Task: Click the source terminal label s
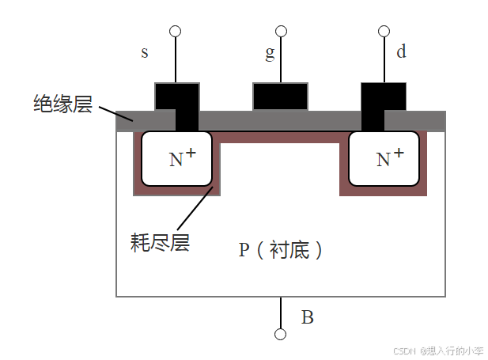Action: (x=145, y=53)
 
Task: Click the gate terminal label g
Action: (x=270, y=54)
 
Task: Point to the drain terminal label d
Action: (x=401, y=52)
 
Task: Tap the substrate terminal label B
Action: (x=308, y=318)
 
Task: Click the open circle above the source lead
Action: (x=175, y=32)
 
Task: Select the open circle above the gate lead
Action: (x=280, y=32)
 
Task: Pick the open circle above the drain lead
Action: (x=384, y=32)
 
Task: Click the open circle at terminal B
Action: (x=280, y=334)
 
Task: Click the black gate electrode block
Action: (x=280, y=97)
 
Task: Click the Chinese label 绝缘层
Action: (x=62, y=104)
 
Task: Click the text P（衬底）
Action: (x=281, y=250)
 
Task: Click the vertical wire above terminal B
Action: (x=280, y=313)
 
